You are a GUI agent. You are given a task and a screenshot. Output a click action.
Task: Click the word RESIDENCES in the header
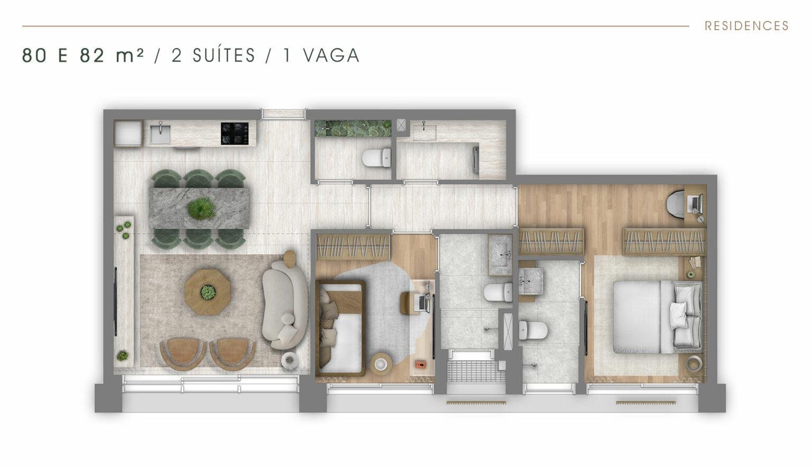(x=746, y=26)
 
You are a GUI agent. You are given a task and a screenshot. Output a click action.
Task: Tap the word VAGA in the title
(x=331, y=56)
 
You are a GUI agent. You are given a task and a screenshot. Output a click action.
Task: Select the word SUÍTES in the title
(x=224, y=56)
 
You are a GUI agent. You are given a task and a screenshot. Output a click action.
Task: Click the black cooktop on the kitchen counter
(x=235, y=133)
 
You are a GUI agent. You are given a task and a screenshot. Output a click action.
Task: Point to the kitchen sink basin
(x=160, y=134)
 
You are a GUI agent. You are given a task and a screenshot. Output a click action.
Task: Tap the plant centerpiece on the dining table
(x=201, y=208)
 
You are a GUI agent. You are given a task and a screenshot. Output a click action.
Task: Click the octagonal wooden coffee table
(x=208, y=292)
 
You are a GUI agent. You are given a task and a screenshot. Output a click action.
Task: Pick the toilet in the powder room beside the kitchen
(x=376, y=158)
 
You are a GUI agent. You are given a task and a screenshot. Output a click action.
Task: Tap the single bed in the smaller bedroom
(x=341, y=328)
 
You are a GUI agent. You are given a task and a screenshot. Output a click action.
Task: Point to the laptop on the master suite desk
(x=696, y=204)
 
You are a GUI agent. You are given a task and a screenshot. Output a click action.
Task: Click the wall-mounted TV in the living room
(x=116, y=301)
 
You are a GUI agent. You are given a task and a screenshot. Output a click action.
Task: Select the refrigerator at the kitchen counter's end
(x=127, y=133)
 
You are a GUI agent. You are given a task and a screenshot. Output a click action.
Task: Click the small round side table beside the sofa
(x=290, y=361)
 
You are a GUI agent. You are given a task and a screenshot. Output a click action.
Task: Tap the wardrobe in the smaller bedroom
(x=353, y=247)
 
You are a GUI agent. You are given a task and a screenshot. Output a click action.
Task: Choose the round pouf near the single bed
(x=381, y=363)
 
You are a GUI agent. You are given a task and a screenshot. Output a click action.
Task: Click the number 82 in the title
(x=92, y=56)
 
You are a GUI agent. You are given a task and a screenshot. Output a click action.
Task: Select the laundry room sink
(x=425, y=132)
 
